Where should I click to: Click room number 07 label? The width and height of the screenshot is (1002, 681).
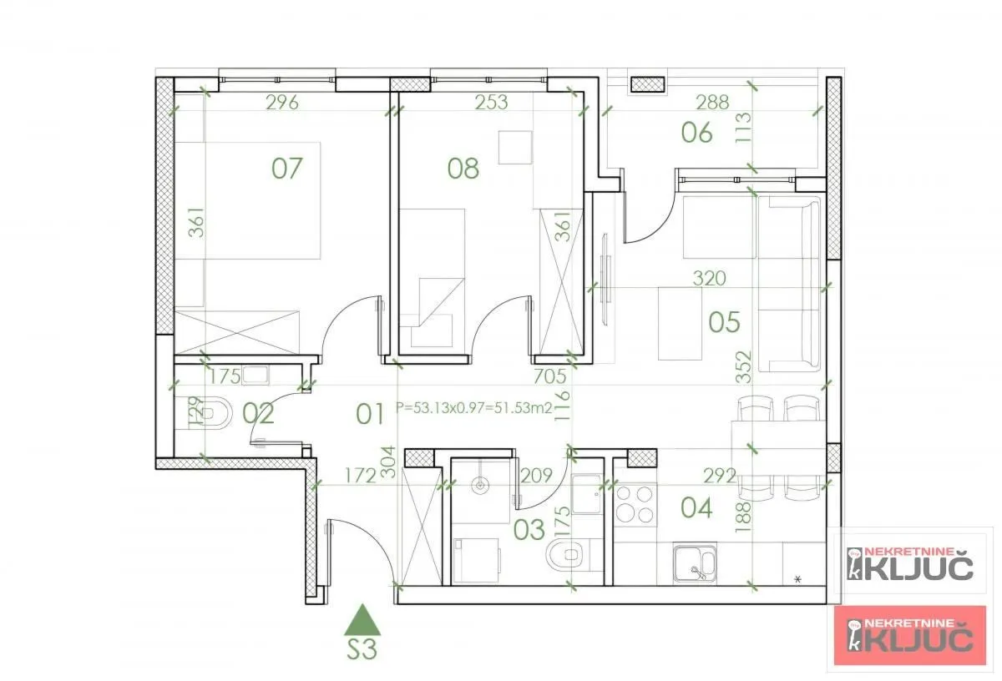(286, 169)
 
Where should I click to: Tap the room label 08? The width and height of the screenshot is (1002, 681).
(463, 169)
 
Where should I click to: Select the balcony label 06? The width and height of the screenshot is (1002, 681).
(696, 133)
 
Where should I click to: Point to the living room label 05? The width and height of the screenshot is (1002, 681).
(724, 322)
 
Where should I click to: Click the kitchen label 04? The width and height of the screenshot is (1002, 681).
(696, 507)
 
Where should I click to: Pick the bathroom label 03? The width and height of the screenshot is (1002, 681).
(529, 528)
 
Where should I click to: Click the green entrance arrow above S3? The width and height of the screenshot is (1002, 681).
(362, 621)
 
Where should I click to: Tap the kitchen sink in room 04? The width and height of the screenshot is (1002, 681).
(695, 562)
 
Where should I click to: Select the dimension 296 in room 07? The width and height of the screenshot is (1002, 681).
(282, 103)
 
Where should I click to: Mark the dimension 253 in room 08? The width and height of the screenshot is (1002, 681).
(491, 103)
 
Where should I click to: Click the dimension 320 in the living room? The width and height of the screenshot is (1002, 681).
(709, 278)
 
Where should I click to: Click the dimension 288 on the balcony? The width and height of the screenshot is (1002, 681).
(712, 103)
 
